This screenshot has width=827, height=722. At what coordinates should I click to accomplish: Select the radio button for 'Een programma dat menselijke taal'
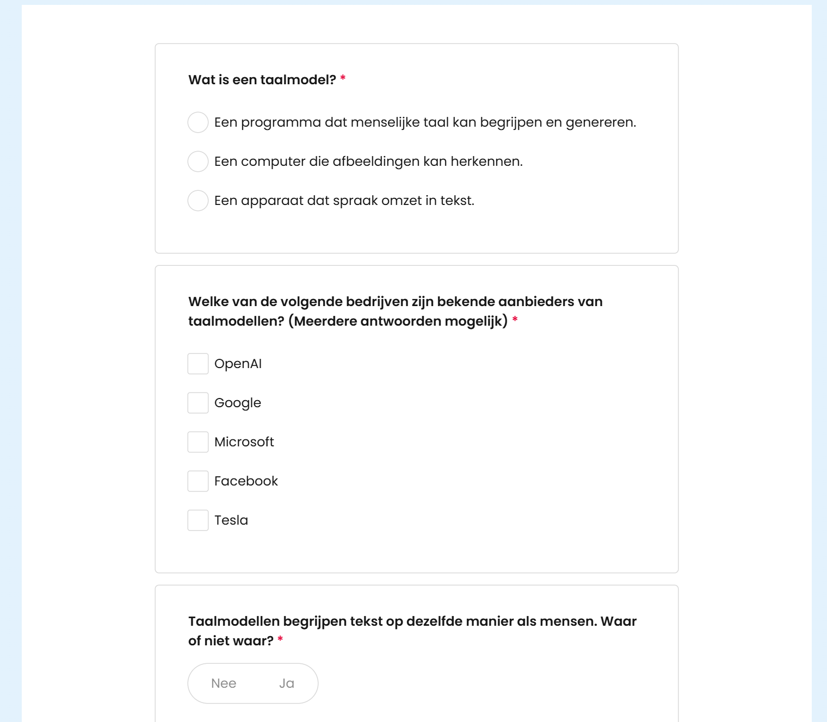pos(198,122)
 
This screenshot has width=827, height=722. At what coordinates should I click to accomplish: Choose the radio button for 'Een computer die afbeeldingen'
pos(198,161)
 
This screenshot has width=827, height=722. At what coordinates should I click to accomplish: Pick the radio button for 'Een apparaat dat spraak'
pos(198,201)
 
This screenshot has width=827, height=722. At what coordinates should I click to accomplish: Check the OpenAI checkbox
pos(198,364)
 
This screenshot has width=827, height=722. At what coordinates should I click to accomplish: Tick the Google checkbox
pos(198,403)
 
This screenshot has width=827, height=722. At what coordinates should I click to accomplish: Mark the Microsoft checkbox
pos(198,442)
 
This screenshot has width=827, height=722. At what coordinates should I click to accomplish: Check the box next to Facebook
pos(198,481)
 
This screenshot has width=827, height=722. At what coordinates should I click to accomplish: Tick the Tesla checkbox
pos(198,520)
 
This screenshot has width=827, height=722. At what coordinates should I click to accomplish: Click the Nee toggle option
pos(224,683)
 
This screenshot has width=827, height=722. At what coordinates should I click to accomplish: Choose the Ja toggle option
pos(287,683)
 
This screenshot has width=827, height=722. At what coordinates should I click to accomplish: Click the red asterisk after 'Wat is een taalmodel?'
pos(343,79)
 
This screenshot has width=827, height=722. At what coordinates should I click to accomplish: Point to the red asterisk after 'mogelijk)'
pos(515,320)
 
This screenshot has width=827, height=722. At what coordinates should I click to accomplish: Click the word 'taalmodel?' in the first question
pos(298,80)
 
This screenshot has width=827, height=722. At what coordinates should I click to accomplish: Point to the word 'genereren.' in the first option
pos(601,123)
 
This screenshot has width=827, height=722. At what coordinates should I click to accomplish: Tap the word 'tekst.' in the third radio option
pos(457,201)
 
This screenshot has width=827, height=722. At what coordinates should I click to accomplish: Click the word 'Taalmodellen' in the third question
pos(234,621)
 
